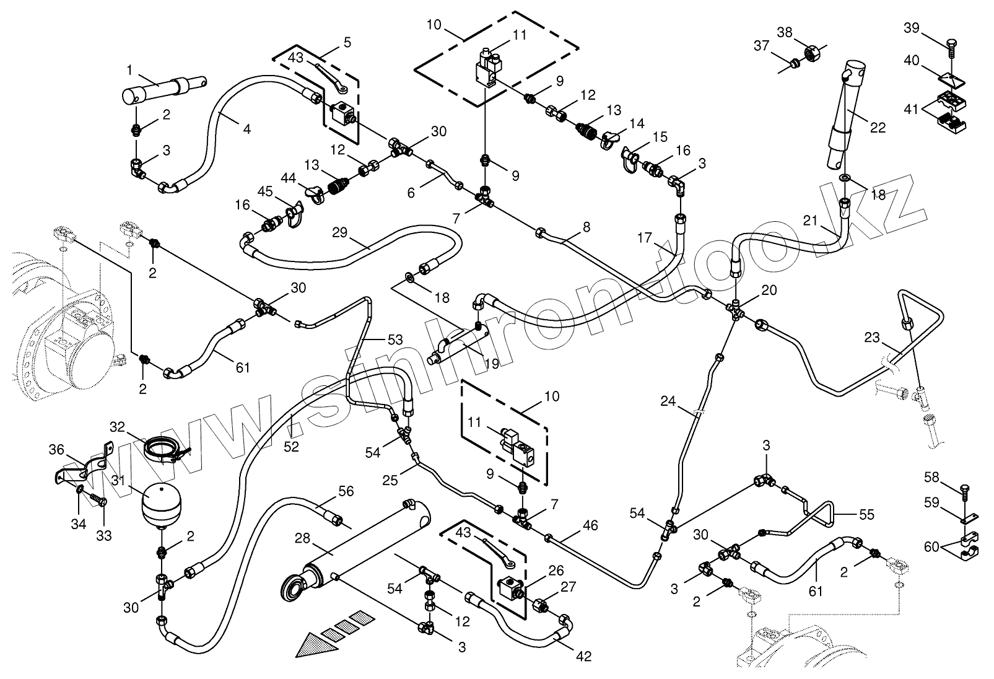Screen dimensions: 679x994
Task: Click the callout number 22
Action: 878,128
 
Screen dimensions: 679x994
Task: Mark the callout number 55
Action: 866,514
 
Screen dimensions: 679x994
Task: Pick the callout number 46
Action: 590,525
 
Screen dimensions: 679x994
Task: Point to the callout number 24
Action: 668,401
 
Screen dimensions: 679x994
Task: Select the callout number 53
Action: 395,339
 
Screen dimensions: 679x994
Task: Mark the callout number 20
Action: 769,290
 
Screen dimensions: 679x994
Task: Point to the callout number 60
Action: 930,546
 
